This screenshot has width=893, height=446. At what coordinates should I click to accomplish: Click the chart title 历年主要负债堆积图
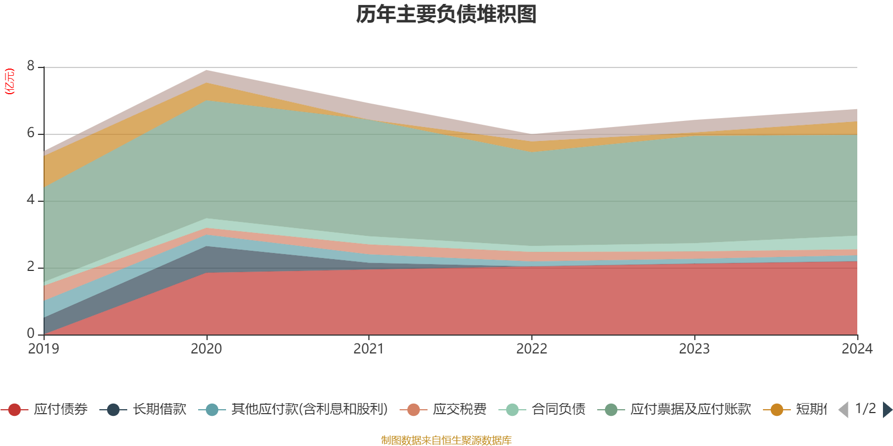point(446,14)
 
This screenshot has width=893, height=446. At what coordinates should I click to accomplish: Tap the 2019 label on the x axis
point(44,349)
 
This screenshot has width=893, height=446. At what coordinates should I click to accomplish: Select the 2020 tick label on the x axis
point(207,349)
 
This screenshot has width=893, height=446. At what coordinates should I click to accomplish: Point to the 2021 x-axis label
point(369,349)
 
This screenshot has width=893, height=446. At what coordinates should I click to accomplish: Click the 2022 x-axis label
point(532,349)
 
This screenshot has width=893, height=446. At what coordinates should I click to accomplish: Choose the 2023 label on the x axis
point(694,349)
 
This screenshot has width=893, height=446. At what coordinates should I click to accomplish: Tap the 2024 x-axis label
point(857,349)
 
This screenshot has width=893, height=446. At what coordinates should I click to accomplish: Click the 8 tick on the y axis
point(31,66)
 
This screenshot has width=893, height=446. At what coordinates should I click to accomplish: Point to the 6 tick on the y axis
point(31,133)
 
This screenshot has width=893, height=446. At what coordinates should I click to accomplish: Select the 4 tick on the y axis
point(31,200)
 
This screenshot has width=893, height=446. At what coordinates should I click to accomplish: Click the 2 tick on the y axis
point(31,267)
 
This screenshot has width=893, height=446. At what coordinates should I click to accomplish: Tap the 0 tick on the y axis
point(31,334)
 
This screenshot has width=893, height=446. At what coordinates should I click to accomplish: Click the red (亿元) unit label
point(9,81)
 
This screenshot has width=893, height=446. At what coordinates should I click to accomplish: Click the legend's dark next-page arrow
point(887,410)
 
